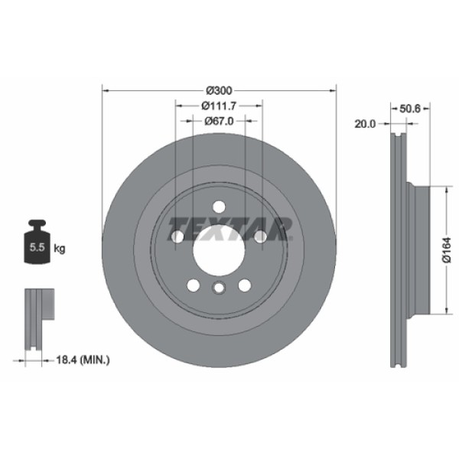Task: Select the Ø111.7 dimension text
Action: [219, 106]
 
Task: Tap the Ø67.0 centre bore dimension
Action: [219, 121]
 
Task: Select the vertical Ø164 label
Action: [448, 251]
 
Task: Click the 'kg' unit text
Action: [60, 249]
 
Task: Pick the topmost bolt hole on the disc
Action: [219, 206]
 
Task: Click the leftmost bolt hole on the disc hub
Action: [177, 237]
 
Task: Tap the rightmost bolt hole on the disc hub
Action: [260, 237]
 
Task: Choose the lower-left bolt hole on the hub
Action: [194, 285]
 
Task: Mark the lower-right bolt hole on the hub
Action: [245, 285]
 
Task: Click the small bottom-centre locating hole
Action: [219, 288]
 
